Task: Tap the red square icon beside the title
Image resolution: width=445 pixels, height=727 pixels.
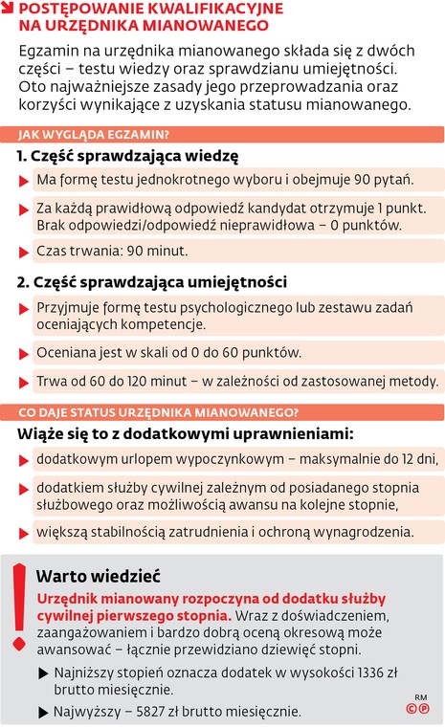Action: (x=8, y=8)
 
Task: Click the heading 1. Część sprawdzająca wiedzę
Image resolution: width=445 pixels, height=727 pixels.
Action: (x=127, y=156)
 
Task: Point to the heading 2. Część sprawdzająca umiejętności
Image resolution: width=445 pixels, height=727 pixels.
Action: (x=152, y=283)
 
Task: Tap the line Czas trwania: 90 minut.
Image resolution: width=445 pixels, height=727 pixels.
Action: (x=112, y=252)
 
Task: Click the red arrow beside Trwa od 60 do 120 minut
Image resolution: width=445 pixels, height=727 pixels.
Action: (x=24, y=381)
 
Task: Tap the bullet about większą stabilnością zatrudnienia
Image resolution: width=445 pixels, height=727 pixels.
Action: (x=225, y=531)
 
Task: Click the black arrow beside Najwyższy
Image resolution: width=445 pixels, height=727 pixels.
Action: (x=43, y=711)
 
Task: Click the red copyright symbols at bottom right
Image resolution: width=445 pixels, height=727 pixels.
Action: (x=417, y=709)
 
